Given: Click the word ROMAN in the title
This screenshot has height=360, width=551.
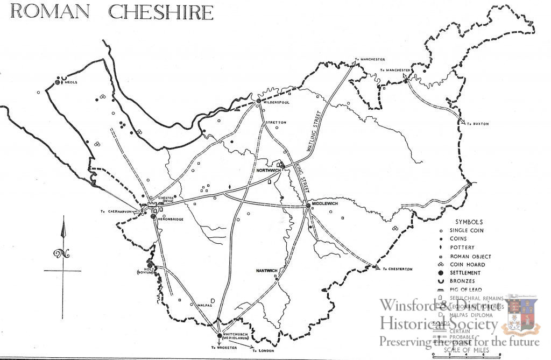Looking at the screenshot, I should pos(52,11).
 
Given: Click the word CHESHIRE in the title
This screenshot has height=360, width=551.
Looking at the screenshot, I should pos(161,11).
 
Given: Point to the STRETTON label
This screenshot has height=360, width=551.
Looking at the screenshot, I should pos(276,123).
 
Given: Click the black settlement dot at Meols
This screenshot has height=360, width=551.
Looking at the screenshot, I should pos(57,82).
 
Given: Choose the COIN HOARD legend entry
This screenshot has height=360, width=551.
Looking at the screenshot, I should pos(467,264).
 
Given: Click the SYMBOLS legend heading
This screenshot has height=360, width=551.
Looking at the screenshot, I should pos(469,222).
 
